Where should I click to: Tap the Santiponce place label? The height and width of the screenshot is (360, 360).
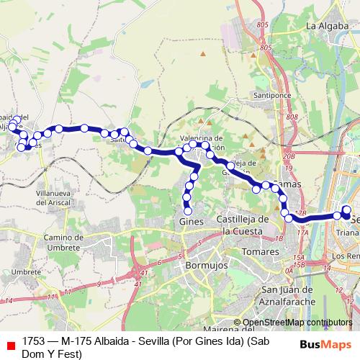[269, 94]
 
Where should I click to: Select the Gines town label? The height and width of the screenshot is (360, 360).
[190, 222]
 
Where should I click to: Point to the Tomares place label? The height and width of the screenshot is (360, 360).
[261, 252]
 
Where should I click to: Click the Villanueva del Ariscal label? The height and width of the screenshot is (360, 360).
[46, 197]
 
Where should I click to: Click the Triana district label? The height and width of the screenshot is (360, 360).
[347, 233]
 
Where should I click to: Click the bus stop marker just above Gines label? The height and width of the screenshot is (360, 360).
[188, 211]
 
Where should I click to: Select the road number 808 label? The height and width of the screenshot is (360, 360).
[291, 117]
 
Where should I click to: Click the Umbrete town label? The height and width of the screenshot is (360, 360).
[26, 271]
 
